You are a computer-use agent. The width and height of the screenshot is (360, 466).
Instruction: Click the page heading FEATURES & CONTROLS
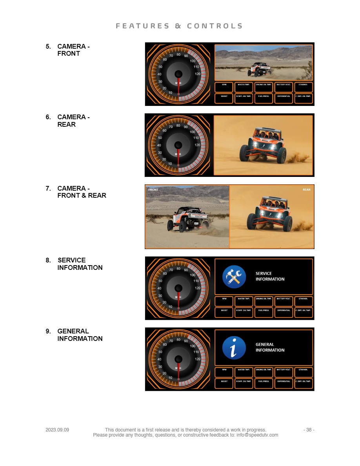(179, 26)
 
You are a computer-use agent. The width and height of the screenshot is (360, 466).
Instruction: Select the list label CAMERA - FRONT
(73, 50)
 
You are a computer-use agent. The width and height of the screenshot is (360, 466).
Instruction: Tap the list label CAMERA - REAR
(73, 120)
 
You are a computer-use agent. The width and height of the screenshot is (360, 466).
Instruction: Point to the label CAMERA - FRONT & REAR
(82, 192)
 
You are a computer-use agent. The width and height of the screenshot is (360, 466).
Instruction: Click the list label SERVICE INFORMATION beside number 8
(80, 264)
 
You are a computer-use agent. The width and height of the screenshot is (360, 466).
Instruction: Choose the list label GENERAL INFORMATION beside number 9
(80, 335)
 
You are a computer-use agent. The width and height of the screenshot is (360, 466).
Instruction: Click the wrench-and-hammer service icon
(234, 277)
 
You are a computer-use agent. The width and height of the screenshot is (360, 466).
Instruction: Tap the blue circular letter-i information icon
(234, 348)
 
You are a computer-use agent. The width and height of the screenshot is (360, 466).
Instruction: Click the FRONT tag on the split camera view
(153, 190)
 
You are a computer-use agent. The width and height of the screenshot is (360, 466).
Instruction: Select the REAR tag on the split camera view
(306, 190)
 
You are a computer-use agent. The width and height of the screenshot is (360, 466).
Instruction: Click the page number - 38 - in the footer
(309, 430)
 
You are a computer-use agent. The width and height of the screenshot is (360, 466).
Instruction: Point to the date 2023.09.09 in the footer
(57, 430)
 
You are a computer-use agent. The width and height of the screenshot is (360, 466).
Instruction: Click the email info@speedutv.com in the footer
(257, 435)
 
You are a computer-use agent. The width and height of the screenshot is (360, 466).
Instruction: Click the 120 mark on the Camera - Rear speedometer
(197, 145)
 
